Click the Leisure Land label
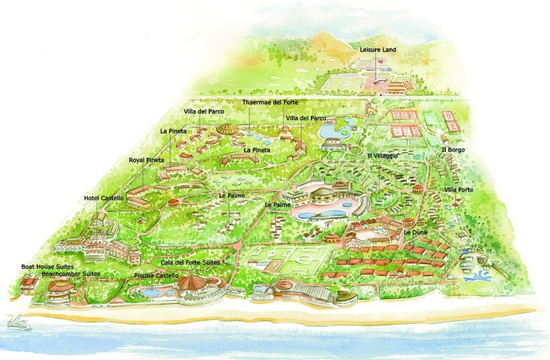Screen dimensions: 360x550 click(377, 48)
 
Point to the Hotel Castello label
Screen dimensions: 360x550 click(104, 198)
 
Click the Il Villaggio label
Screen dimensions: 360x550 click(383, 155)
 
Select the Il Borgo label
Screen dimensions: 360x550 click(453, 151)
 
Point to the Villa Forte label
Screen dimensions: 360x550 click(460, 189)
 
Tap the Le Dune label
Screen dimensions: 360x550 click(415, 232)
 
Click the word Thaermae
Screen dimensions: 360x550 click(258, 102)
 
